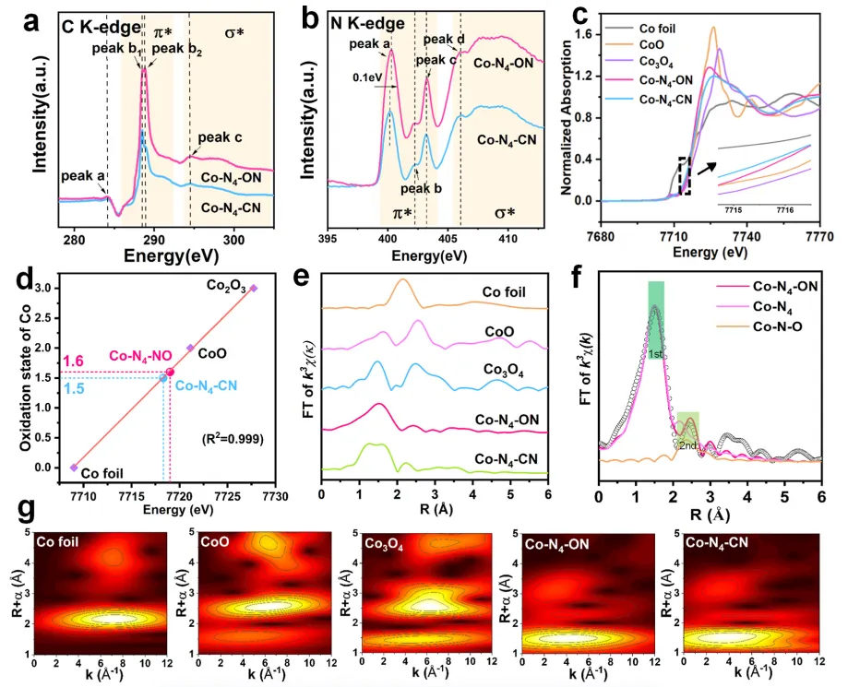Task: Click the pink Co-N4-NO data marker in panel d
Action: coord(169,373)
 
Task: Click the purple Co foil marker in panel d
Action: coord(74,468)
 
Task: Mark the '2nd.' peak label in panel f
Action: coord(687,444)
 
